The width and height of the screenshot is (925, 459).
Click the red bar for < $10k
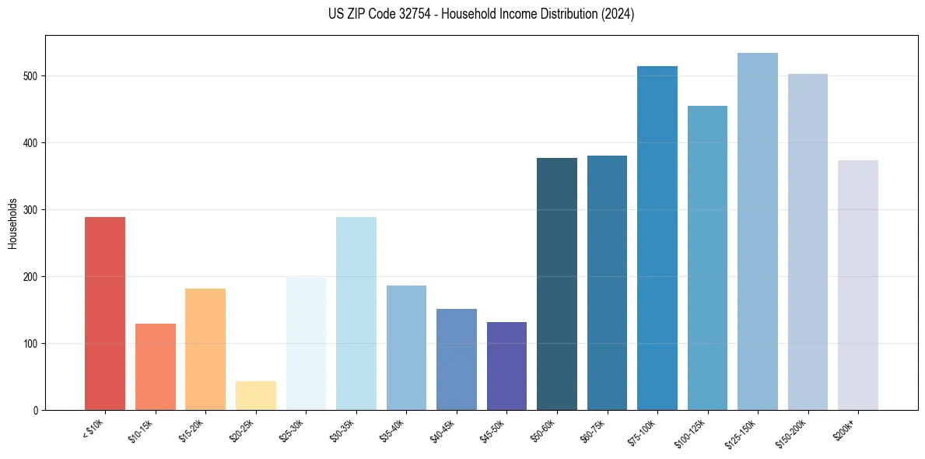point(104,314)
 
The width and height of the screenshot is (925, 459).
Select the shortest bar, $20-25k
point(255,395)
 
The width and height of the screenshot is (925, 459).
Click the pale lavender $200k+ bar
point(857,285)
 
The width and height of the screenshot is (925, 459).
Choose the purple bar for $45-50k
point(506,366)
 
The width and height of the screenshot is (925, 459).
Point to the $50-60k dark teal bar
point(556,284)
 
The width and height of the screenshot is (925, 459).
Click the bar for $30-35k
point(356,314)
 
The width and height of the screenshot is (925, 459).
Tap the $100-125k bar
point(707,258)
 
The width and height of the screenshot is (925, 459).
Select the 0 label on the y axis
point(37,410)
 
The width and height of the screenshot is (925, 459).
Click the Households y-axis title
point(13,222)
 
